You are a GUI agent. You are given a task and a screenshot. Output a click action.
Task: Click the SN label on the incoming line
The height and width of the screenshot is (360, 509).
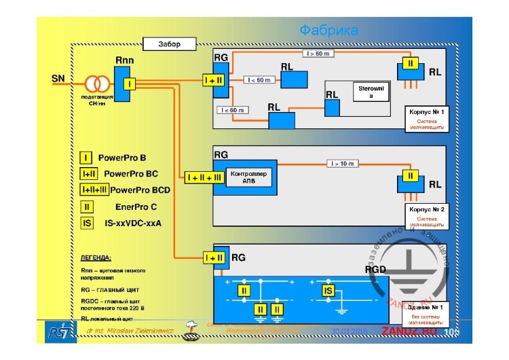click(x=58, y=79)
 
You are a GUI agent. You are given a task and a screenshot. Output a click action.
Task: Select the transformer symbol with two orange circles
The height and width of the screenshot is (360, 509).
click(x=97, y=84)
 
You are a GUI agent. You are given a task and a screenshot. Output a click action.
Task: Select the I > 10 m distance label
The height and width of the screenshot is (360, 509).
click(x=343, y=163)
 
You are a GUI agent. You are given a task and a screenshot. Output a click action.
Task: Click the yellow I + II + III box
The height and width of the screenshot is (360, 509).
click(x=204, y=177)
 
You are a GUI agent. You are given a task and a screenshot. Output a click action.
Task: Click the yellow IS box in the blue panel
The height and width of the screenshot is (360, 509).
click(x=328, y=291)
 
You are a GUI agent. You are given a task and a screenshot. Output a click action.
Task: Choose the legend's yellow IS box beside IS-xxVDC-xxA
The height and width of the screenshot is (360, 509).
click(x=87, y=222)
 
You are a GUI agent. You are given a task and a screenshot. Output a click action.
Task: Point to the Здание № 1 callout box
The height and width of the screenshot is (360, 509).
click(x=426, y=314)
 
